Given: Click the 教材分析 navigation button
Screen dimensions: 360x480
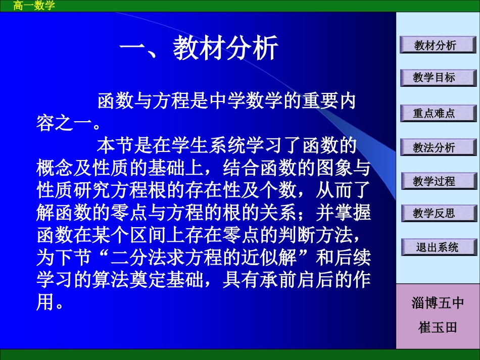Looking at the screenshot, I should pos(438,45).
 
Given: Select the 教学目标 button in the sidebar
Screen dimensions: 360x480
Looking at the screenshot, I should pos(438,78).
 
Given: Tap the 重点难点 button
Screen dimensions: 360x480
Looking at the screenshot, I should pos(438,114).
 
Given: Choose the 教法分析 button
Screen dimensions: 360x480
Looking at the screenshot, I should pos(438,147).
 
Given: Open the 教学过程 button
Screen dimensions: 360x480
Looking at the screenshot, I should pos(438,181).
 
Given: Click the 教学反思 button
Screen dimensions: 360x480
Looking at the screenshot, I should pos(438,213).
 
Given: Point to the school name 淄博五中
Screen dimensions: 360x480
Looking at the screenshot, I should pos(438,303).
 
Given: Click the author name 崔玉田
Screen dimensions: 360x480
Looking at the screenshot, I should pos(438,327).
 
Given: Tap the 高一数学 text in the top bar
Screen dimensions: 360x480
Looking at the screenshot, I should pos(34,6).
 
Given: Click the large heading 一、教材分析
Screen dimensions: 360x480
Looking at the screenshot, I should pos(199,49).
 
